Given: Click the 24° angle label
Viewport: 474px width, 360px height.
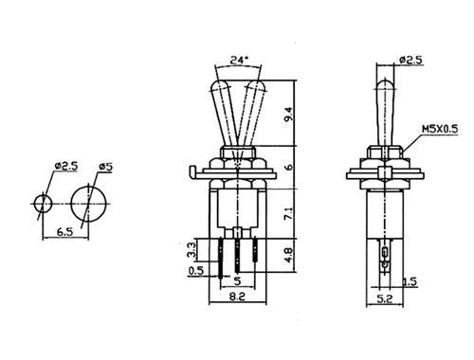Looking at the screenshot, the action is (x=239, y=60).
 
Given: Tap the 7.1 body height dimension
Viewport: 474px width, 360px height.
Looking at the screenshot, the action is (x=290, y=213).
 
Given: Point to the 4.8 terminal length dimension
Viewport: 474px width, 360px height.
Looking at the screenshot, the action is (x=290, y=255).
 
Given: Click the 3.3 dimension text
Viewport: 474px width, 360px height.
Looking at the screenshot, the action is (x=192, y=250).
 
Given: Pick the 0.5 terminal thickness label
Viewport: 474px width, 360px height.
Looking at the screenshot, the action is (x=196, y=271).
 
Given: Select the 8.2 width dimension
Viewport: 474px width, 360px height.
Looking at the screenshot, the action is (x=238, y=297).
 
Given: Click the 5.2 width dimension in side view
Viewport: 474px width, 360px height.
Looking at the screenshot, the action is (x=385, y=298).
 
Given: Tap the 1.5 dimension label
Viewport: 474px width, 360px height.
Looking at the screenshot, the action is (x=410, y=281).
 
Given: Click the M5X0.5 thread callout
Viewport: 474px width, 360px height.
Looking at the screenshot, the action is (x=440, y=129).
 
